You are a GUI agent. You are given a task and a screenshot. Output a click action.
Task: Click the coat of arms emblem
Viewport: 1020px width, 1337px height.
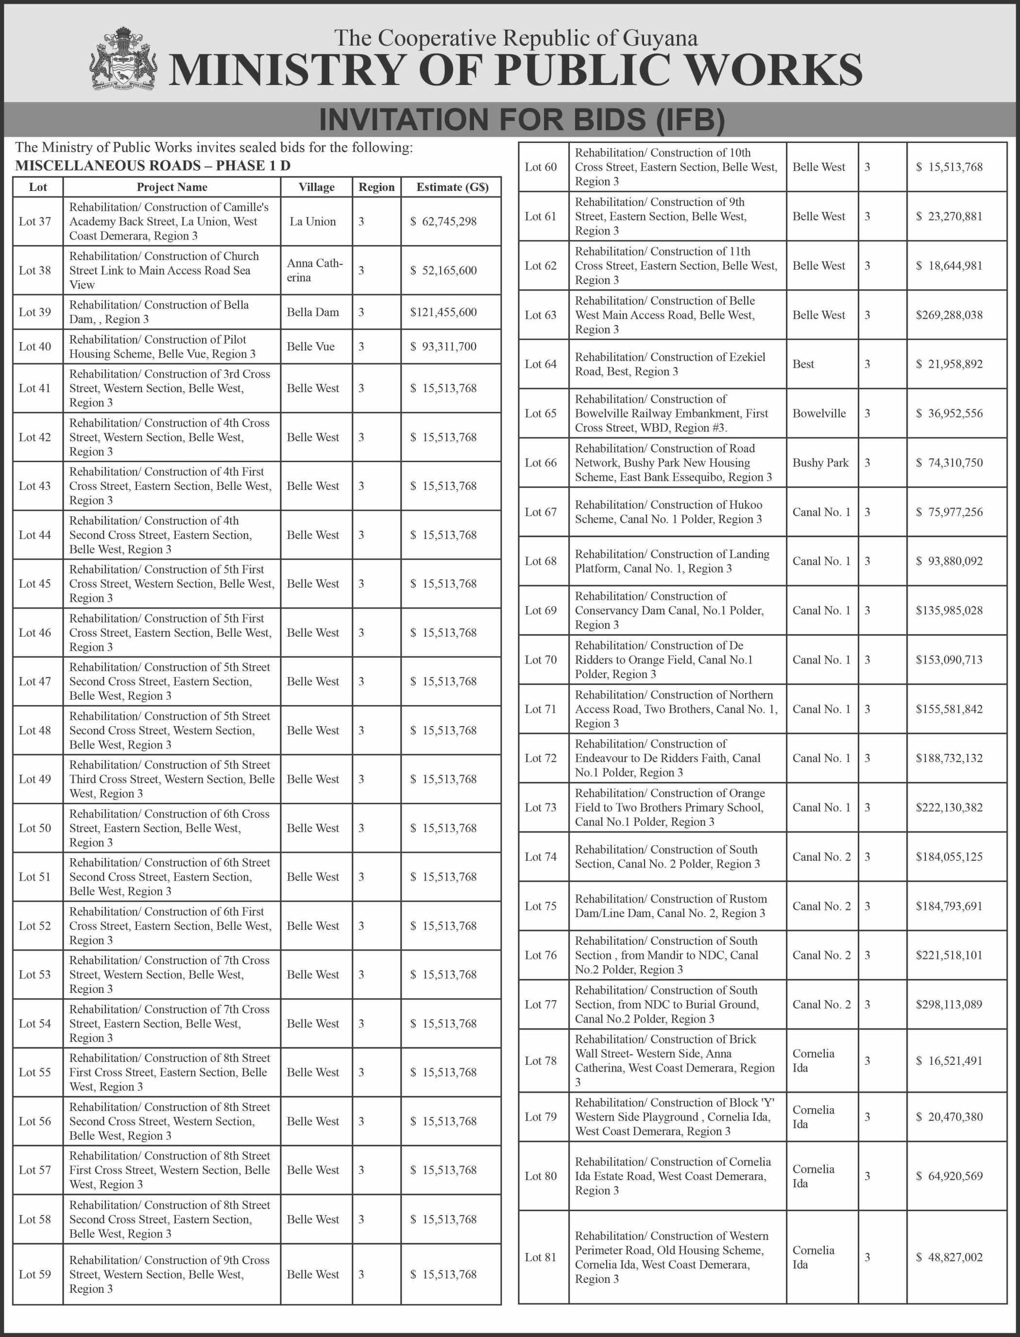point(123,59)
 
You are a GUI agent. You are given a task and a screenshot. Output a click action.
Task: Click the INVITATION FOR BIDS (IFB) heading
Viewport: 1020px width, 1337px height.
point(522,120)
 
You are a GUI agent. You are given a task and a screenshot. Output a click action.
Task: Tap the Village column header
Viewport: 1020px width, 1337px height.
point(316,187)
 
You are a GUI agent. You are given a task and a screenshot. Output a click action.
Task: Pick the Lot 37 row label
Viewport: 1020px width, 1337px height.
point(34,222)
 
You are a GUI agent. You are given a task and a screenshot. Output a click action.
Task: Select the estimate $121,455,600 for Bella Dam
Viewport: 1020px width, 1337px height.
point(443,312)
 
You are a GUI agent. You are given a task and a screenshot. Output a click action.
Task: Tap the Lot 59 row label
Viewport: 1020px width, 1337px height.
point(34,1274)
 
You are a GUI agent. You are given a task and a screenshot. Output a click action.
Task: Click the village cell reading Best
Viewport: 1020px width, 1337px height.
point(803,365)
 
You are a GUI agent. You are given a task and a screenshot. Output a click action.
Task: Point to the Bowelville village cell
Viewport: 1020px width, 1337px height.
point(819,414)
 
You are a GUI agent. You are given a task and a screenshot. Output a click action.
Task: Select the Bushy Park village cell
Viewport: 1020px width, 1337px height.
point(820,463)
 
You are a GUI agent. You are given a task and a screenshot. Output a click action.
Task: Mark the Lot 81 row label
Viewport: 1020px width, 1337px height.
point(540,1257)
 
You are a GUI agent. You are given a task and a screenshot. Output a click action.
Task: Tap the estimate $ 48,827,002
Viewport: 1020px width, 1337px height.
point(949,1257)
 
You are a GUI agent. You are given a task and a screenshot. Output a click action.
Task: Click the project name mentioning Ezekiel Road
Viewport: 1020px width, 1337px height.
point(670,365)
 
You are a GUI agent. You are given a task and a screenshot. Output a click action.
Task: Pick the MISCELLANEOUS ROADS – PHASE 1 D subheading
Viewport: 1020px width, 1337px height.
point(153,166)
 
